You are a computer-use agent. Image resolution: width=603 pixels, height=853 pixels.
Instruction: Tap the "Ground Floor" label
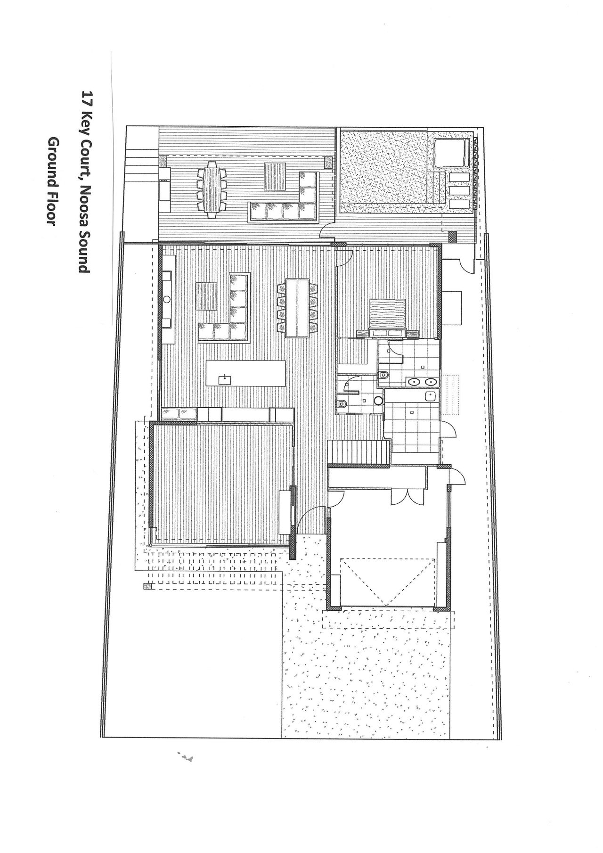(52, 183)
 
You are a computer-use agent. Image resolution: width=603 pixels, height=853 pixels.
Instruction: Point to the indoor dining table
(297, 308)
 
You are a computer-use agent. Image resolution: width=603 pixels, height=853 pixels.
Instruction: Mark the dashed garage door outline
(388, 582)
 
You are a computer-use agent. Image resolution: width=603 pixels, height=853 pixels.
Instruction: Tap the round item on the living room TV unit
(167, 299)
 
